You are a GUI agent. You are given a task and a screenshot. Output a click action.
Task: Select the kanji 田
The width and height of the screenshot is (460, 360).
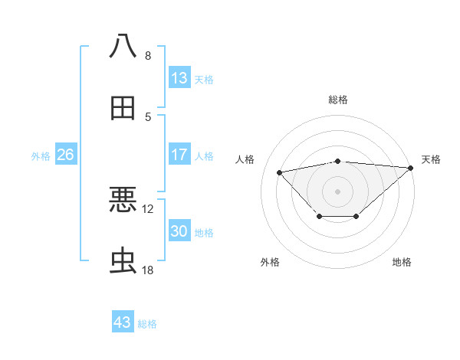pos(123,109)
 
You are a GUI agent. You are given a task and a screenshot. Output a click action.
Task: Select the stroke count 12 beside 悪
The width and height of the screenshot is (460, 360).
pos(148,208)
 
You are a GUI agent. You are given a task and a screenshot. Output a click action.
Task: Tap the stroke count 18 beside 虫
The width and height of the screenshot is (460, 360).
pos(148,270)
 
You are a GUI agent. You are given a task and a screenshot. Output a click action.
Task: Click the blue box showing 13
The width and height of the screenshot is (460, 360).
pos(179,78)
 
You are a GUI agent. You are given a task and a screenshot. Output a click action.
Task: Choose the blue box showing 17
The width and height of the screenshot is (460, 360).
pos(179,155)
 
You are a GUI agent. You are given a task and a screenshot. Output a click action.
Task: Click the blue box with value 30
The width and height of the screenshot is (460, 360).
pos(179,231)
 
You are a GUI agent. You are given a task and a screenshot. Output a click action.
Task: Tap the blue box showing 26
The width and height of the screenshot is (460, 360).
pos(65,155)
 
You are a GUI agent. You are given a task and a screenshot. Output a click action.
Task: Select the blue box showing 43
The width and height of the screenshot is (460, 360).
pos(123,322)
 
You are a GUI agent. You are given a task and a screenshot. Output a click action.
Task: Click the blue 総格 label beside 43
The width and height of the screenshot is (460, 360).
pos(147,324)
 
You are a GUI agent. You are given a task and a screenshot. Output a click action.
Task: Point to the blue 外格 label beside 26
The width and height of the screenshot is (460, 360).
pos(41,156)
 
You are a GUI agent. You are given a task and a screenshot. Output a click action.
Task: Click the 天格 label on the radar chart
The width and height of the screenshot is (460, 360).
pos(431,159)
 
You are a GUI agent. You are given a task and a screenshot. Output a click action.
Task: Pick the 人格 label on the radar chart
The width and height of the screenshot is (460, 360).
pos(245,159)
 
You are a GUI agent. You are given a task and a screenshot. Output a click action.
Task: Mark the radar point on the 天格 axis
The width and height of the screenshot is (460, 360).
pos(410,168)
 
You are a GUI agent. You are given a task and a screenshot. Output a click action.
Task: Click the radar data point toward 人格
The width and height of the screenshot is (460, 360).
pos(280,172)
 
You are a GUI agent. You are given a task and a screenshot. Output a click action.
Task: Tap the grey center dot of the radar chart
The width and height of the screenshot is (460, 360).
pos(337,191)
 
